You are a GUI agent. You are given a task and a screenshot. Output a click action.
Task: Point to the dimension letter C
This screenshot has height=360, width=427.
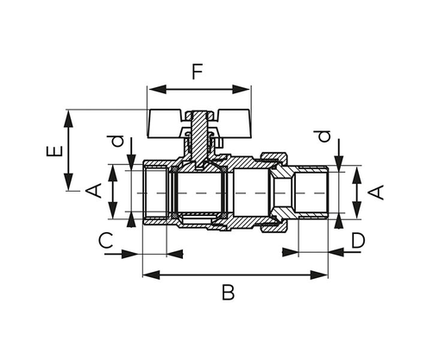click(x=104, y=239)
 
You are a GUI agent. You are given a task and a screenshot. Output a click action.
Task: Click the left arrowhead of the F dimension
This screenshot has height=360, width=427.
click(x=153, y=88)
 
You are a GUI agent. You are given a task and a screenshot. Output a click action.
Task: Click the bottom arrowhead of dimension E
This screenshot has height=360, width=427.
click(x=66, y=189)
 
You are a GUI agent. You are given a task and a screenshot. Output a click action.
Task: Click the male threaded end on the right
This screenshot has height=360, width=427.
click(x=310, y=191)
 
